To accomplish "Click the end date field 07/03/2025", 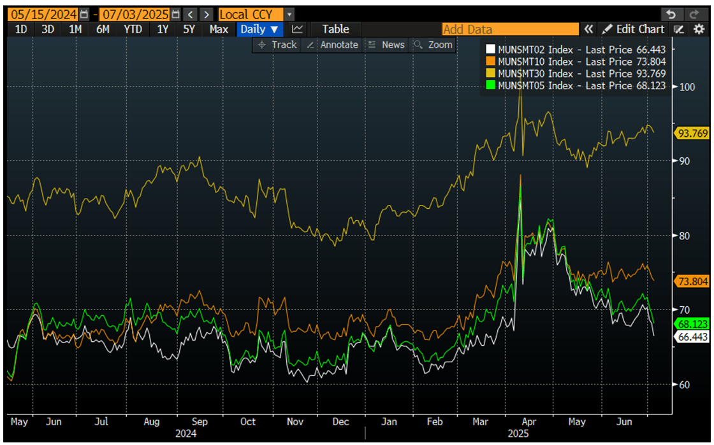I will point(134,14).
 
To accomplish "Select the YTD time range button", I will point(133,29).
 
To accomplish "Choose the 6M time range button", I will point(103,29).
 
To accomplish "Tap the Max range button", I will point(219,29).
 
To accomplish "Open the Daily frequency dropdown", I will point(259,29).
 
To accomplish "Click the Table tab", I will point(335,29).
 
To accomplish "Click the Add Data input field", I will point(510,29).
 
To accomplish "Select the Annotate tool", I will point(333,45).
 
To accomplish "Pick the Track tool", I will point(277,45).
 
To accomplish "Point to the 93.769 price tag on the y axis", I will point(691,133).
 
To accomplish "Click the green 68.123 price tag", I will point(691,324).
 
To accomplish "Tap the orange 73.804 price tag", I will point(691,281).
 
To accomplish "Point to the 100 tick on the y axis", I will point(687,87).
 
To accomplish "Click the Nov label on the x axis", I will point(295,421).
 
